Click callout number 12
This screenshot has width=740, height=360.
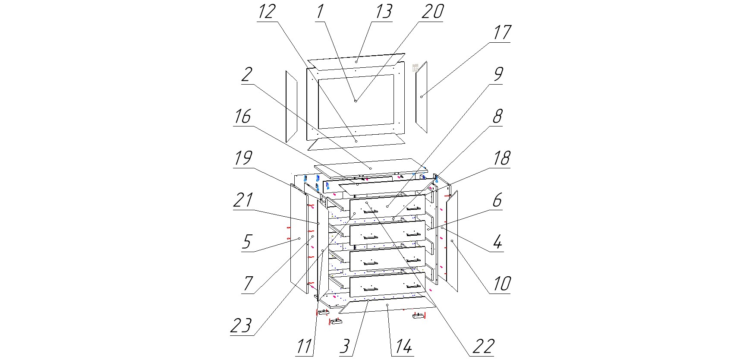coord(266,12)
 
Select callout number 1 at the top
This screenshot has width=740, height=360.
coord(320,12)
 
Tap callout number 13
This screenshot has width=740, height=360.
coord(383,12)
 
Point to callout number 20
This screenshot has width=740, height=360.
coord(432,12)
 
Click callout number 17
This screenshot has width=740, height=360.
coord(501,33)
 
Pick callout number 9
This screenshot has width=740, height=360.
coord(498,74)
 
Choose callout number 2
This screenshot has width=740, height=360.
coord(246,75)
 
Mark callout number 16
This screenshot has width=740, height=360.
coord(242,116)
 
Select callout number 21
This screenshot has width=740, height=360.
coord(242,200)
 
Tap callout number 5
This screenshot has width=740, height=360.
coord(246,242)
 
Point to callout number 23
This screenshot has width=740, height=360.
coord(241,325)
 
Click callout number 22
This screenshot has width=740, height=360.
coord(482,346)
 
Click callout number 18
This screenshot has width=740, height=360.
coord(501,158)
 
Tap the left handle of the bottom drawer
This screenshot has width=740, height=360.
coord(371,288)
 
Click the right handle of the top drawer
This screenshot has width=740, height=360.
coord(413,209)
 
